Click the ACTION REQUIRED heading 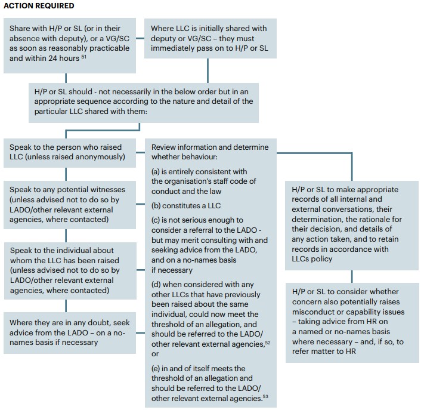tap(39, 6)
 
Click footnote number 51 tap(84, 57)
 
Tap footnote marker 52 tap(268, 343)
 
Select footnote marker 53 tap(265, 397)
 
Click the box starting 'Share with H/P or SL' tap(70, 45)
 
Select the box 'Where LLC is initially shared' tap(211, 38)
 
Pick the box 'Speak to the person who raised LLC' tap(70, 153)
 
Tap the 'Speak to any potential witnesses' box tap(70, 205)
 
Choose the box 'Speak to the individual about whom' tap(70, 270)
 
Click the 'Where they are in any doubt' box tap(70, 333)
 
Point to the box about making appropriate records tap(352, 226)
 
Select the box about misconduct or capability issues tap(352, 323)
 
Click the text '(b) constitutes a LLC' tap(186, 206)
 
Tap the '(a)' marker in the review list tap(156, 171)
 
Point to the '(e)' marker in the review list tap(156, 368)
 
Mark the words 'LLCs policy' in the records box tap(312, 259)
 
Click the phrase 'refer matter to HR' tap(324, 352)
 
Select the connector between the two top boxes tap(140, 38)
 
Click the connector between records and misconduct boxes tap(352, 276)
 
